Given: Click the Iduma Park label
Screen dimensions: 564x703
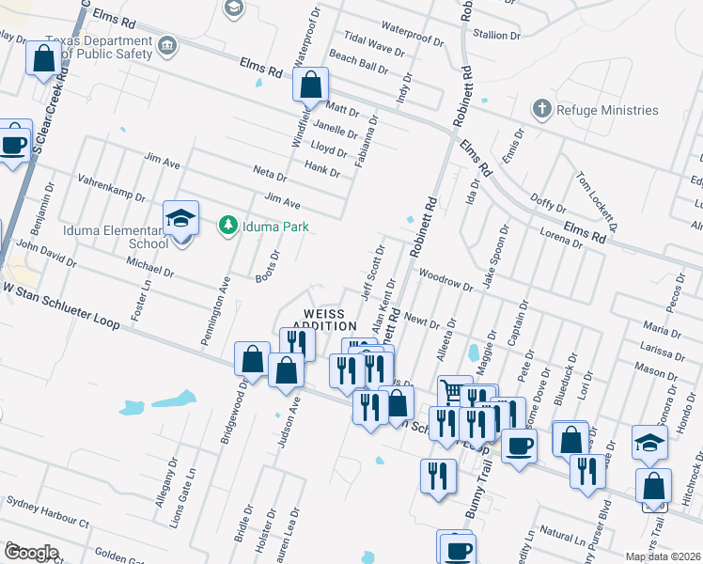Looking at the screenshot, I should pyautogui.click(x=270, y=225).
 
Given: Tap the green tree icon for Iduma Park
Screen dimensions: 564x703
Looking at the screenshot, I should pyautogui.click(x=227, y=225).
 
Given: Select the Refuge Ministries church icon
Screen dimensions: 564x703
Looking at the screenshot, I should pyautogui.click(x=541, y=109).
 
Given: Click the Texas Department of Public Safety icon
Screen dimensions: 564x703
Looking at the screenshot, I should pyautogui.click(x=166, y=46).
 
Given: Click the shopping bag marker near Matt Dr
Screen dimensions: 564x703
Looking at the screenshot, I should pyautogui.click(x=310, y=86).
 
